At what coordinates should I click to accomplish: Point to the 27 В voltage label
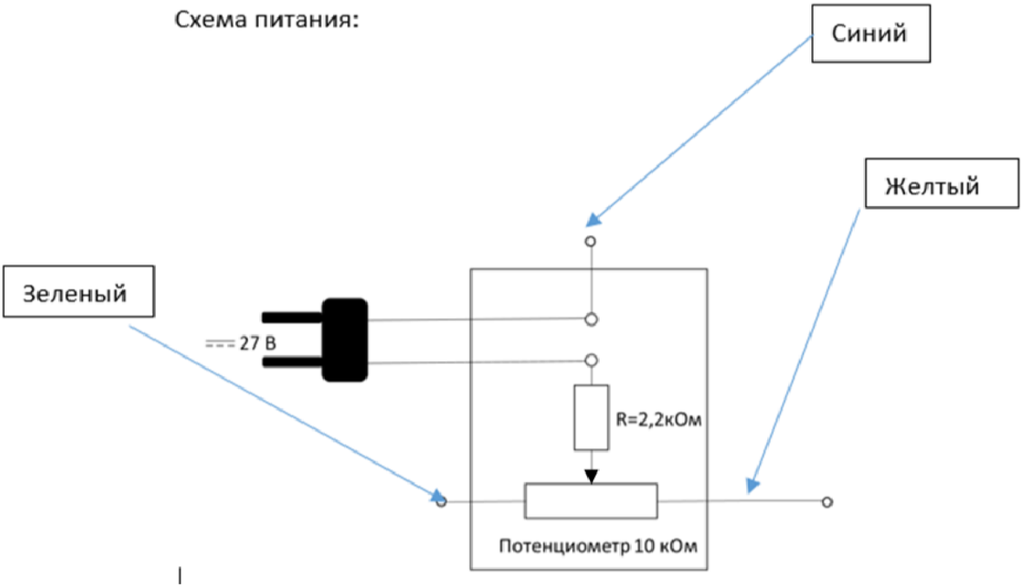click(x=258, y=343)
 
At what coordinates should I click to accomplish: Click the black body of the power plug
click(x=345, y=340)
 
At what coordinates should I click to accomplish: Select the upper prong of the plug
click(x=292, y=317)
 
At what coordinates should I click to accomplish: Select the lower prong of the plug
click(x=292, y=363)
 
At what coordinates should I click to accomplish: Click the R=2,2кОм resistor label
click(x=658, y=420)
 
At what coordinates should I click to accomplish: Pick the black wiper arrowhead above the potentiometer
click(x=592, y=477)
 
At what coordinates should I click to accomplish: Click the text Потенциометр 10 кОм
click(x=598, y=546)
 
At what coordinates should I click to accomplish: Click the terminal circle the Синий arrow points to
click(x=591, y=242)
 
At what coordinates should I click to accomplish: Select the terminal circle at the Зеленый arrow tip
click(x=441, y=502)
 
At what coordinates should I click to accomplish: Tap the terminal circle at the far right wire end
click(x=828, y=503)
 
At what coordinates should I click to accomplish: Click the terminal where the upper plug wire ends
click(x=592, y=320)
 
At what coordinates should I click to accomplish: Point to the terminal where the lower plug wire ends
click(x=592, y=360)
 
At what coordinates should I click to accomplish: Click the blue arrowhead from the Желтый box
click(x=752, y=486)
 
